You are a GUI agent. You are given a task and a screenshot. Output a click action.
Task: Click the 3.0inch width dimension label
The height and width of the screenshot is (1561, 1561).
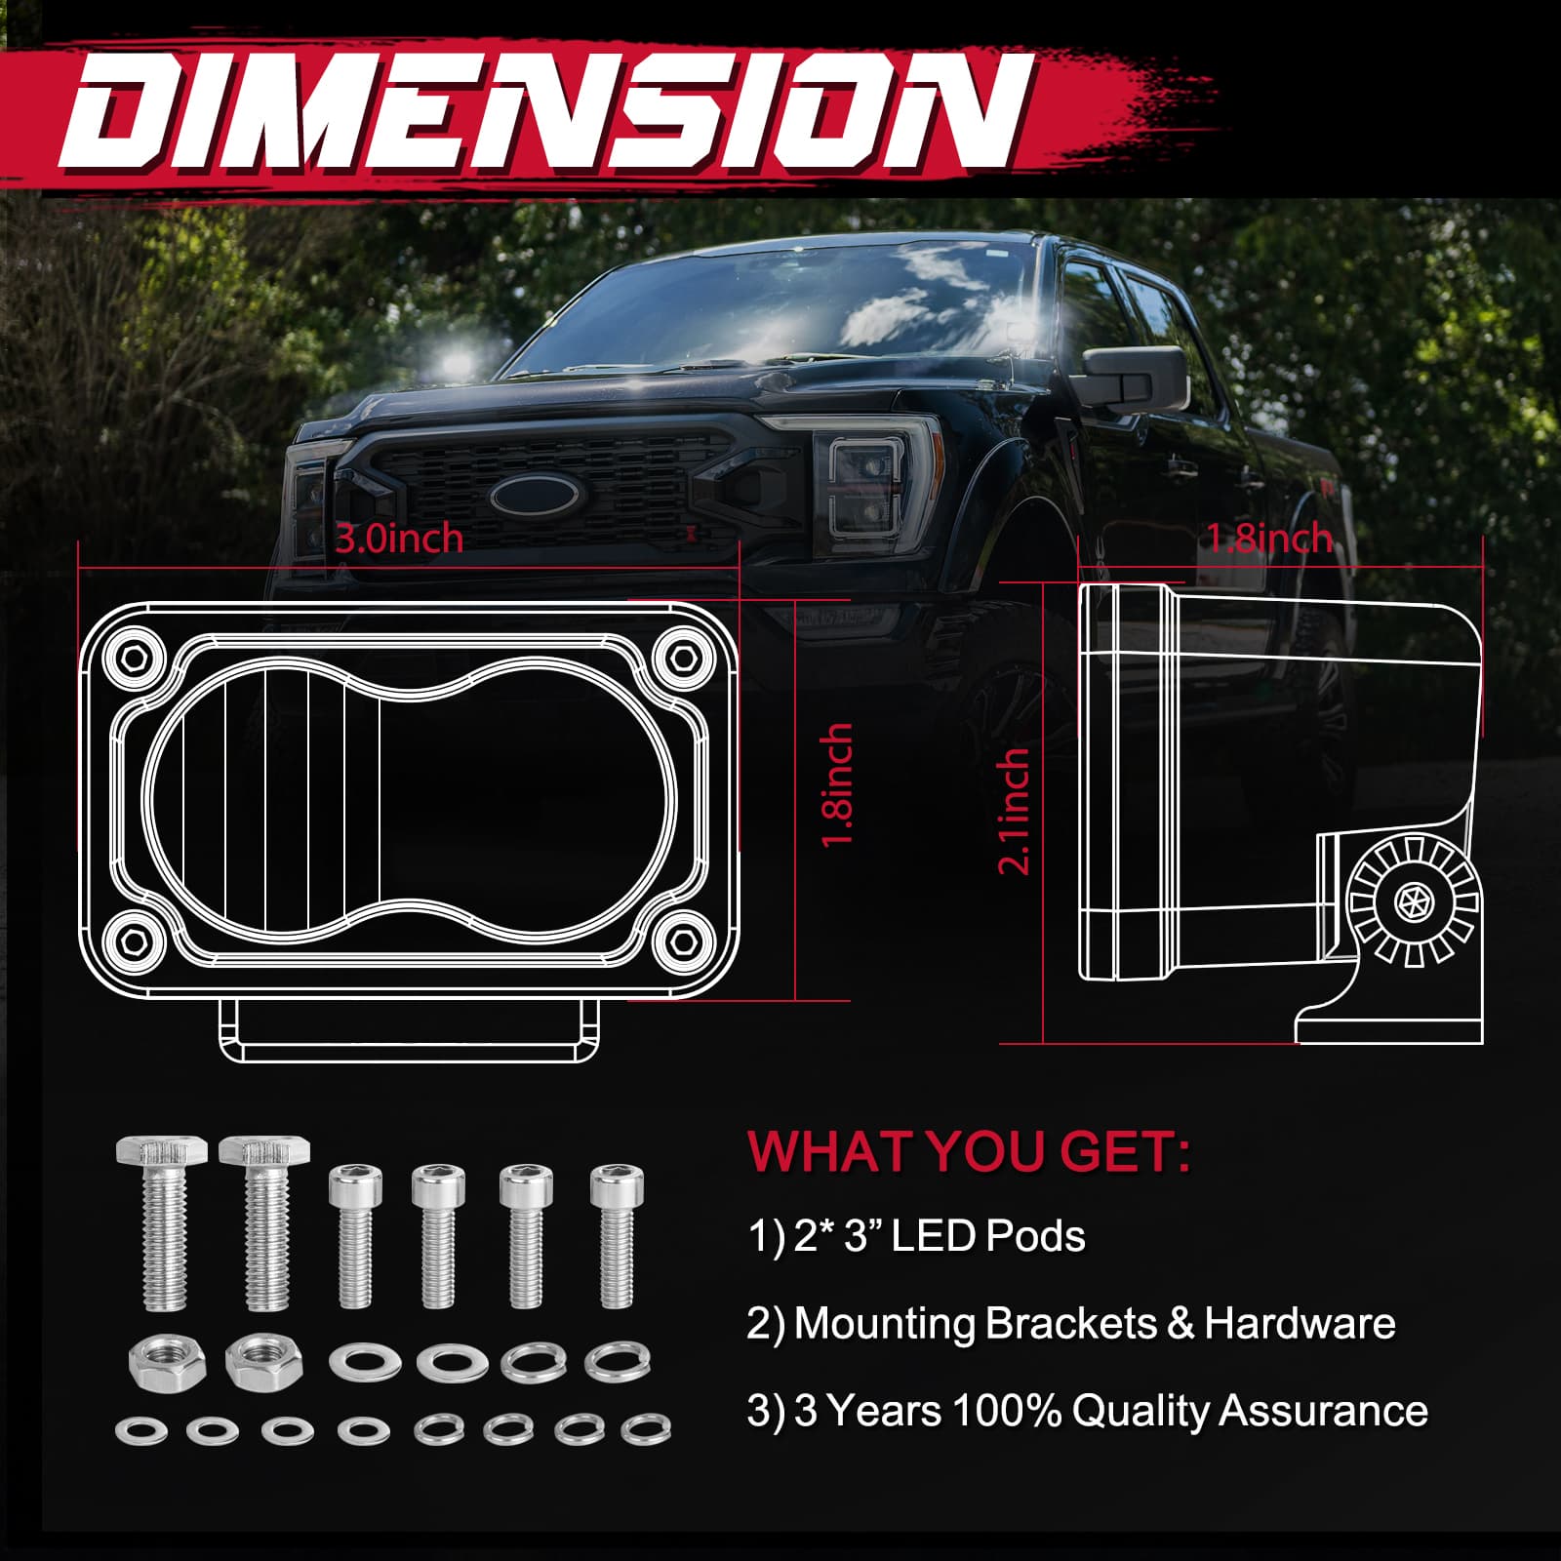399,540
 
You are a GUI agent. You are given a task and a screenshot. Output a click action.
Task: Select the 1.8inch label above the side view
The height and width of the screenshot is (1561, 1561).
1269,539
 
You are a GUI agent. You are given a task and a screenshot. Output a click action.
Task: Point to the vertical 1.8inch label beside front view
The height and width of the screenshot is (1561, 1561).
838,785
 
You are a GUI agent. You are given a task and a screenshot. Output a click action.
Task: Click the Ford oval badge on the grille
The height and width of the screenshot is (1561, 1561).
535,497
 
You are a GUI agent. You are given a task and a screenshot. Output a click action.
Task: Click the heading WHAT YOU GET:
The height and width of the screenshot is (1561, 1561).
969,1152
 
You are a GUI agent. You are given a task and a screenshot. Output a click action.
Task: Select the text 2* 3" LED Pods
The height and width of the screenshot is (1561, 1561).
939,1236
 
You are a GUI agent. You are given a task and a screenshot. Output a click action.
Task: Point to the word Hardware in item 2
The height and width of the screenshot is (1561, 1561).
1300,1324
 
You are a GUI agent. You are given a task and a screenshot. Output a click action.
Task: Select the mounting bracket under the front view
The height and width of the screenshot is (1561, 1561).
409,1031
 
